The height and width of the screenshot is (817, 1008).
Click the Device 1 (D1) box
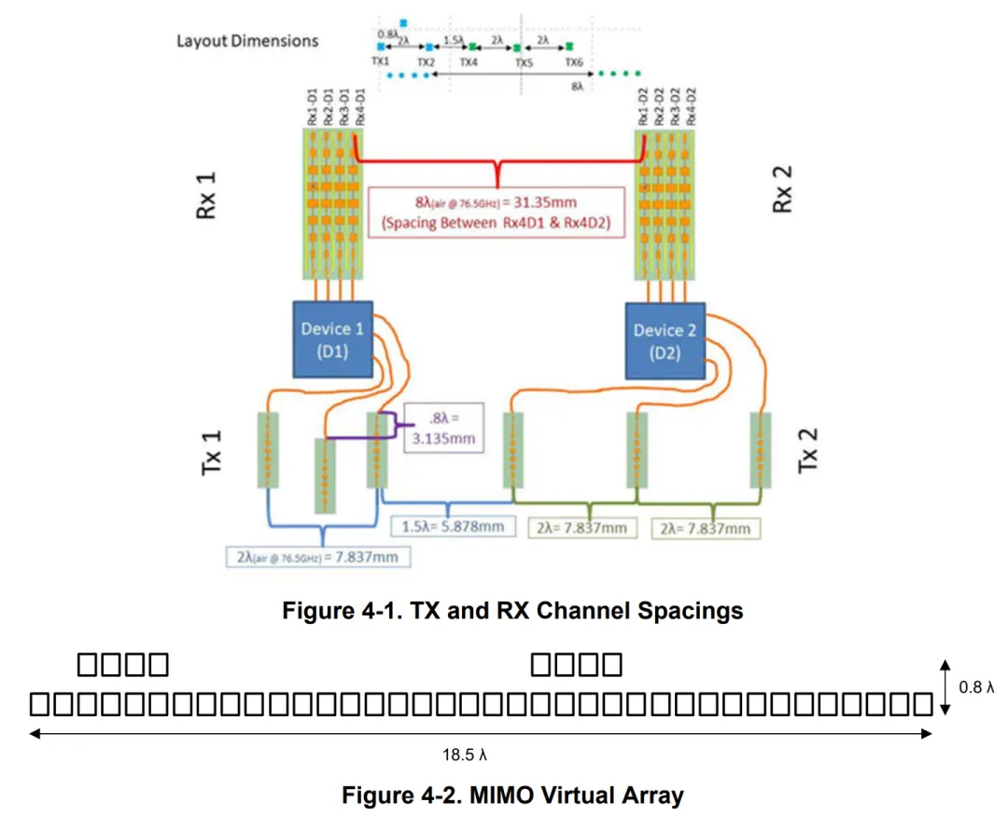click(x=333, y=339)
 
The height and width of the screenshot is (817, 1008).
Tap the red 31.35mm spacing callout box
click(x=496, y=213)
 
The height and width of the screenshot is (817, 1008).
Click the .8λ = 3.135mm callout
click(x=443, y=430)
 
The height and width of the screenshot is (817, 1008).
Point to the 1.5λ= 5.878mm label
click(x=453, y=527)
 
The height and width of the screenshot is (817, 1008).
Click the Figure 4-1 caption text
click(x=512, y=611)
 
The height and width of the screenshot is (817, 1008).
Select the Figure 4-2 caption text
click(x=512, y=796)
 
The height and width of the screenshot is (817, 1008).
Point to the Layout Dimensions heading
click(x=247, y=41)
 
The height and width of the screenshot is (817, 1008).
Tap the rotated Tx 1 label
click(x=213, y=454)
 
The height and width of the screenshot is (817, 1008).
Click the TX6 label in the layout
click(x=574, y=62)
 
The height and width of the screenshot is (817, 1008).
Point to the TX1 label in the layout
click(x=380, y=62)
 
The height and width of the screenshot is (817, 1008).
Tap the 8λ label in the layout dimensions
click(x=578, y=85)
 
